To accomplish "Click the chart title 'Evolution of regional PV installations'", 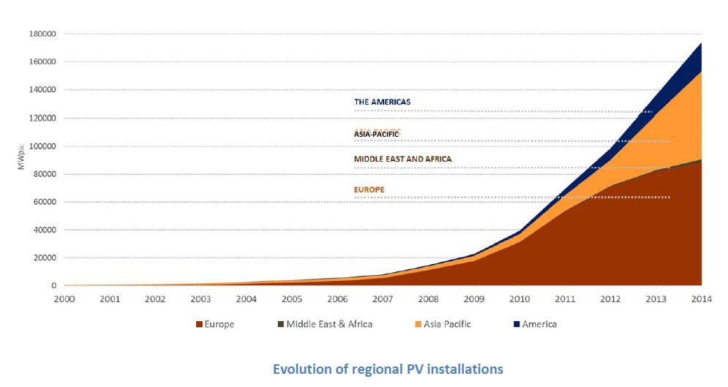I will [388, 369].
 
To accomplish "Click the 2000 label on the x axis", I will [64, 299].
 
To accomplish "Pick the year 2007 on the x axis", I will [383, 299].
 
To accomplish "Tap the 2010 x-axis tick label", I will [519, 299].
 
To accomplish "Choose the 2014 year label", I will [701, 299].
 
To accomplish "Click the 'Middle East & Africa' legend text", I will [329, 324].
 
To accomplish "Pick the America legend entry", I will [539, 324].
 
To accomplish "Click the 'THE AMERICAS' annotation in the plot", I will [383, 102].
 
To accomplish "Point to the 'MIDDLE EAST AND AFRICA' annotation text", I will [402, 159].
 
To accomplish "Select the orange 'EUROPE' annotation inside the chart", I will [369, 189].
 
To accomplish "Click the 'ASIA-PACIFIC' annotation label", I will [378, 134].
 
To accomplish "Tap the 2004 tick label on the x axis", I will [247, 299].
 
